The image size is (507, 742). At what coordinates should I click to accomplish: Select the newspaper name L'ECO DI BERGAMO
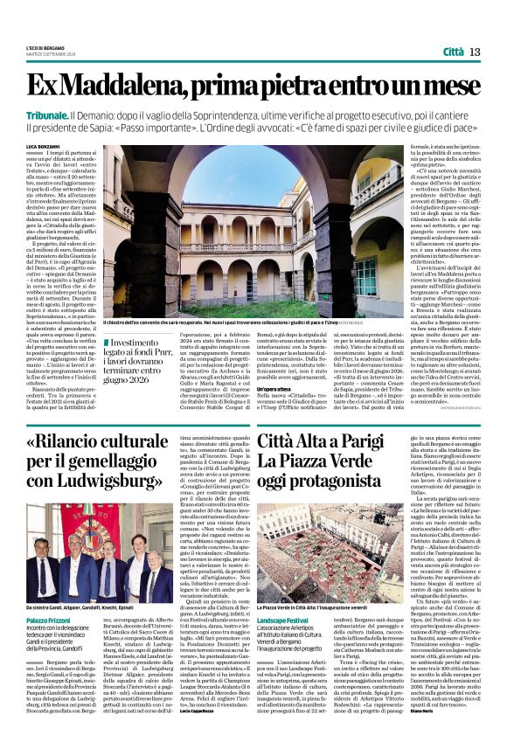49,47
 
